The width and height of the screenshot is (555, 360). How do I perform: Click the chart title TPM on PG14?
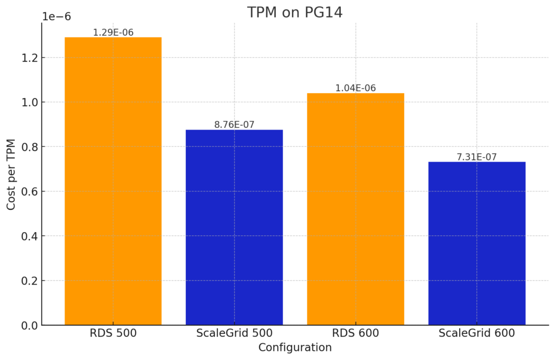click(x=295, y=12)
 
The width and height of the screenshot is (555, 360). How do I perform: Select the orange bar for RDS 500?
click(x=113, y=182)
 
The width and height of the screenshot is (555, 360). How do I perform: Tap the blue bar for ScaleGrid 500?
click(x=234, y=228)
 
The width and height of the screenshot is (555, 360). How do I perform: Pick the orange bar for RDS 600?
click(x=356, y=209)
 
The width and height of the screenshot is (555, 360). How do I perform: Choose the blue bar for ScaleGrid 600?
click(x=476, y=243)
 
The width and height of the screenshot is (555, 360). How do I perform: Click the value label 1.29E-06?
click(x=113, y=33)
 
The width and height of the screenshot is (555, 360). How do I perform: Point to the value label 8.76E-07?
click(x=234, y=125)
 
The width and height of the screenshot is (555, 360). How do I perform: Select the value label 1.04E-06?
click(x=356, y=88)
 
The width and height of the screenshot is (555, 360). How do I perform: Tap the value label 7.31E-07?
click(x=476, y=157)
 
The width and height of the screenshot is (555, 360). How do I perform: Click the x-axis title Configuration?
click(x=295, y=348)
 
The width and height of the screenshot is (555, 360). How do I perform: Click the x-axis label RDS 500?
click(x=113, y=333)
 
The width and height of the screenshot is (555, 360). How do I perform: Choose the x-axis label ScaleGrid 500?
click(x=234, y=333)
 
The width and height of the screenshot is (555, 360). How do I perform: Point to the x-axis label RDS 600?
click(x=356, y=333)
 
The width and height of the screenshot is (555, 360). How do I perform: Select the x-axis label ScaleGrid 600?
click(x=476, y=333)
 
